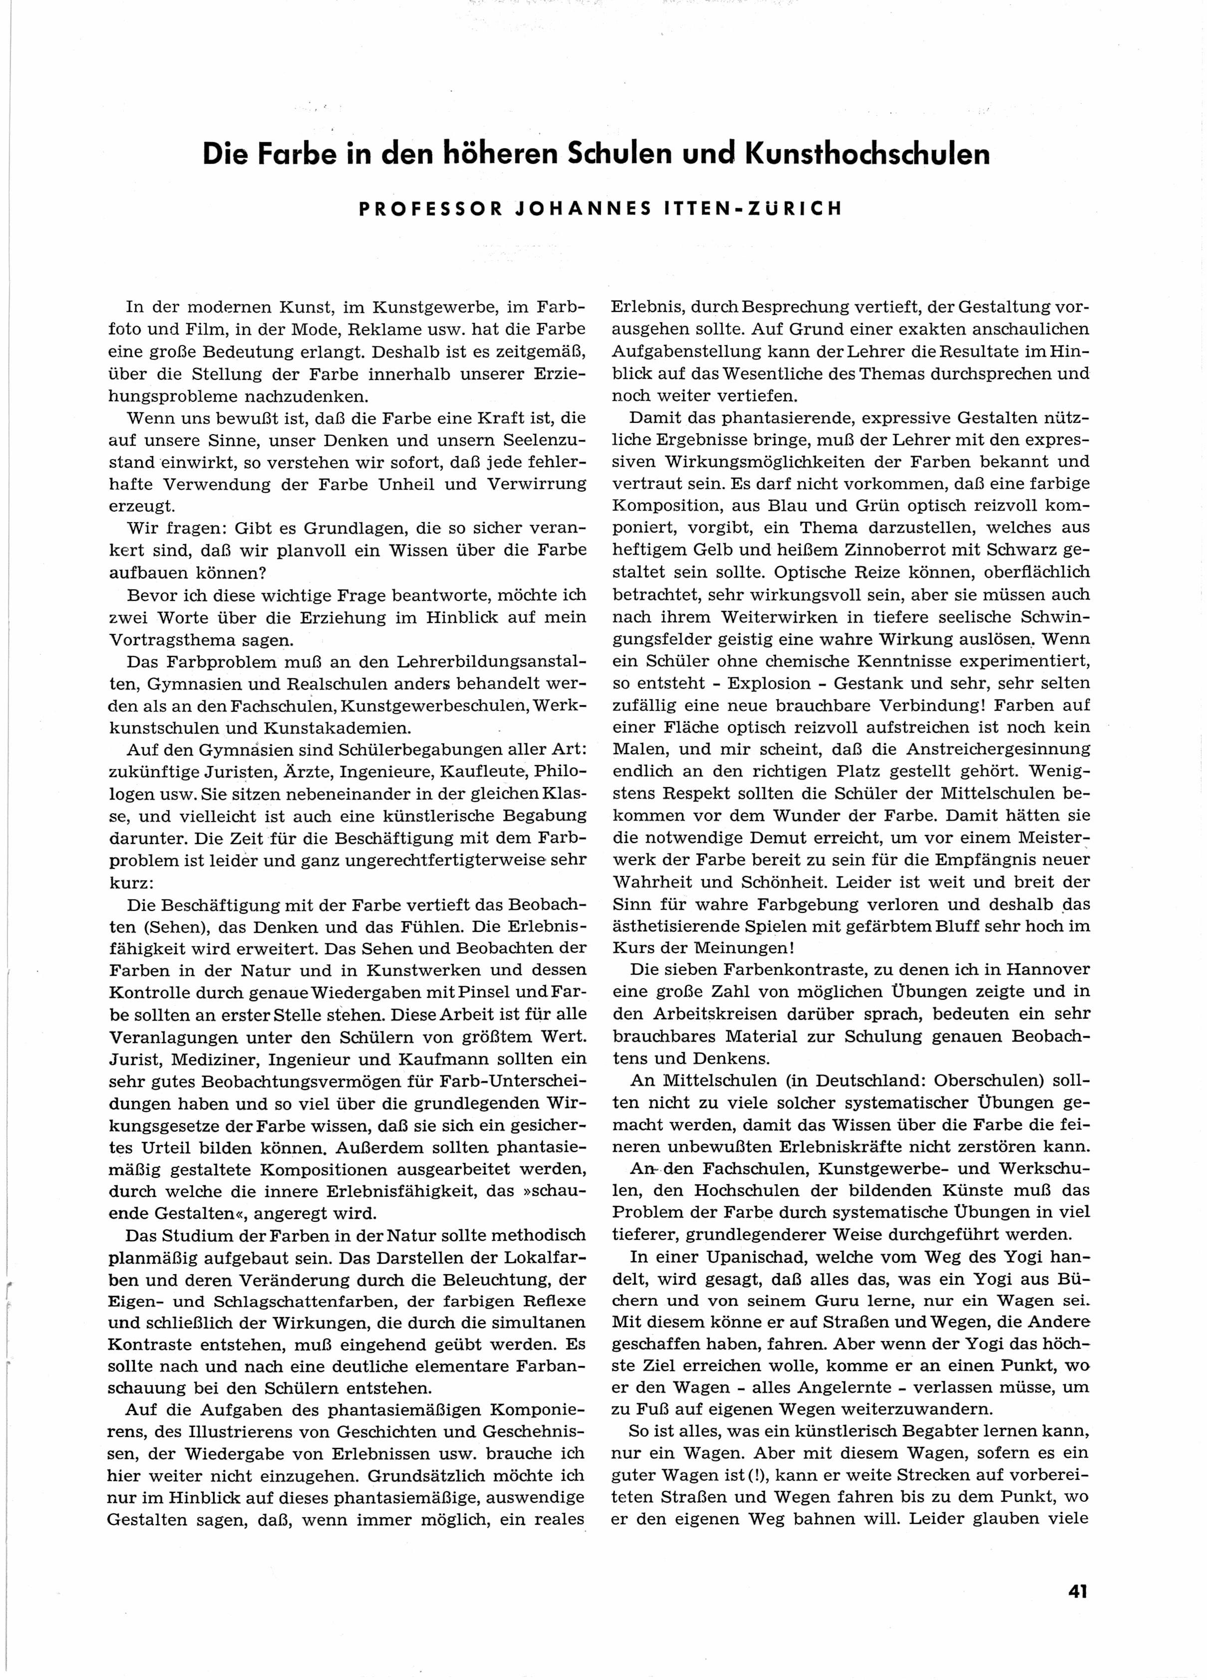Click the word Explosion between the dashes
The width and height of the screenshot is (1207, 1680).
pos(778,683)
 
